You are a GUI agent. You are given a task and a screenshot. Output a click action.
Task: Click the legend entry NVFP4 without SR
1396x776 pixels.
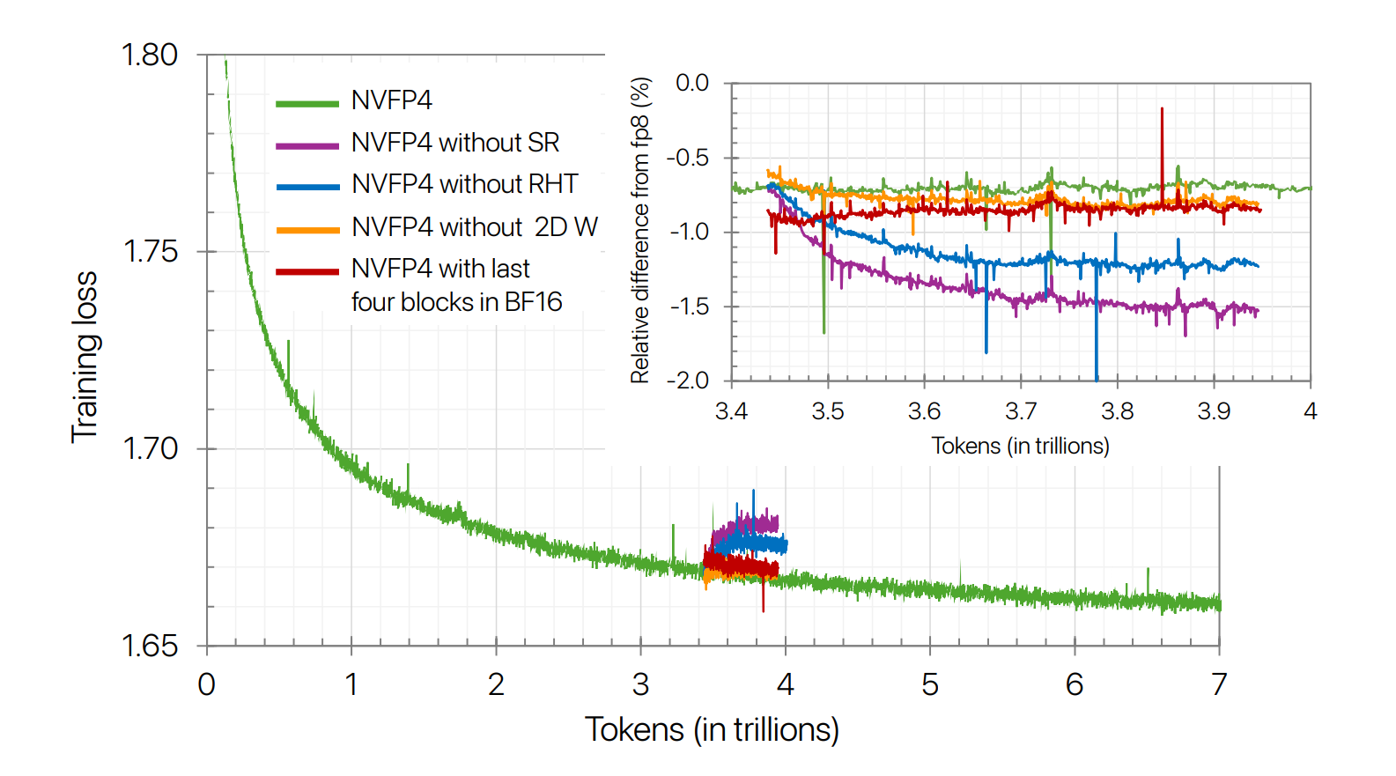point(454,143)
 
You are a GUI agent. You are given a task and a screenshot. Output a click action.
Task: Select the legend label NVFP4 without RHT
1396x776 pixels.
point(464,184)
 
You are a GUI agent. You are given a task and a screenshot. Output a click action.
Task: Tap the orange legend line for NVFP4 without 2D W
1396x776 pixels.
point(307,230)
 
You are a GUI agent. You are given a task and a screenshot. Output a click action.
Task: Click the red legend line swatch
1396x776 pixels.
point(307,272)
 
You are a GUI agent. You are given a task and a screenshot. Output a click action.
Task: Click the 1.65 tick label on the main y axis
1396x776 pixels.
point(150,646)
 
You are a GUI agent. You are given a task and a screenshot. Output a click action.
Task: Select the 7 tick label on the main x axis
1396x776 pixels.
point(1219,684)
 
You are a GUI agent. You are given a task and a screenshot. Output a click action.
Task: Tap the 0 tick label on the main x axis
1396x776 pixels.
point(207,684)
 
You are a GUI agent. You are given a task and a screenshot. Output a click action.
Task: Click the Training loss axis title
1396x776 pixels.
point(85,357)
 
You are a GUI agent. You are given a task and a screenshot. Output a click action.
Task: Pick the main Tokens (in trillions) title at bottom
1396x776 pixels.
point(712,729)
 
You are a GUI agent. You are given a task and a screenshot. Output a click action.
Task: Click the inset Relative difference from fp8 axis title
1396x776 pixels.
point(640,231)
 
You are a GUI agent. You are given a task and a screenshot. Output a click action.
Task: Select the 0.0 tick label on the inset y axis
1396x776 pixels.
point(692,83)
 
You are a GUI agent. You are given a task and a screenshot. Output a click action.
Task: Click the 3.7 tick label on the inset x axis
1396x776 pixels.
point(1021,411)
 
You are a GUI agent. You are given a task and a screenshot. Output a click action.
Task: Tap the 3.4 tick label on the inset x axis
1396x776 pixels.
point(731,411)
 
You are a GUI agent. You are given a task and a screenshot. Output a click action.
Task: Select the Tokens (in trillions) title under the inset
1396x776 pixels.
point(1020,446)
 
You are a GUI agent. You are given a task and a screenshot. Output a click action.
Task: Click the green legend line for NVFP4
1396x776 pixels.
point(307,104)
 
